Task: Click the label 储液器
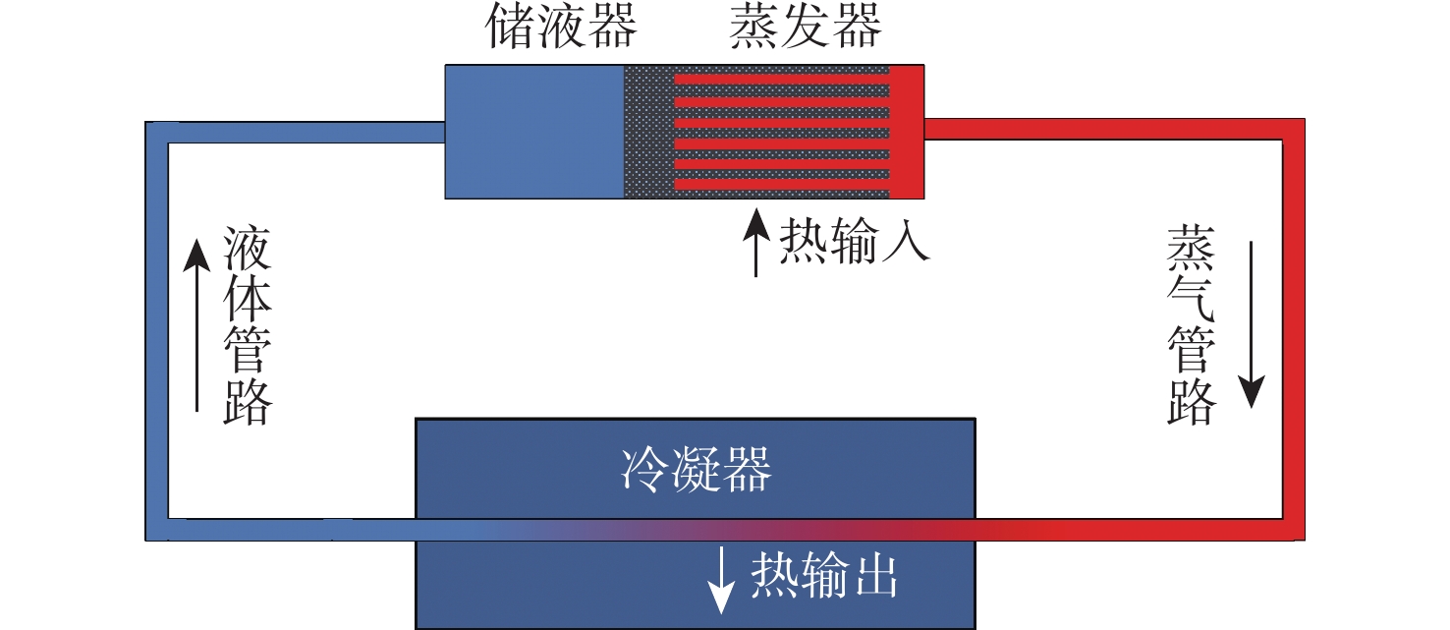pos(562,29)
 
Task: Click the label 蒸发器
pos(805,29)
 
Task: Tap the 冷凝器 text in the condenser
pos(696,471)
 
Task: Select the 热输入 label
pos(854,241)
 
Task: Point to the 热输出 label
pos(824,576)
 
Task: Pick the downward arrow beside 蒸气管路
pos(1251,324)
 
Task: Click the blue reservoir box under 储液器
pos(534,132)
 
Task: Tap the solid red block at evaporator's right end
pos(907,132)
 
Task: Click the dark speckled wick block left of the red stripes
pos(648,132)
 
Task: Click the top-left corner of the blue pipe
pos(157,133)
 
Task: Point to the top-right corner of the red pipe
pos(1293,130)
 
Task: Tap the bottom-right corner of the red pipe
pos(1293,528)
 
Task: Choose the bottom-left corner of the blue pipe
pos(157,529)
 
